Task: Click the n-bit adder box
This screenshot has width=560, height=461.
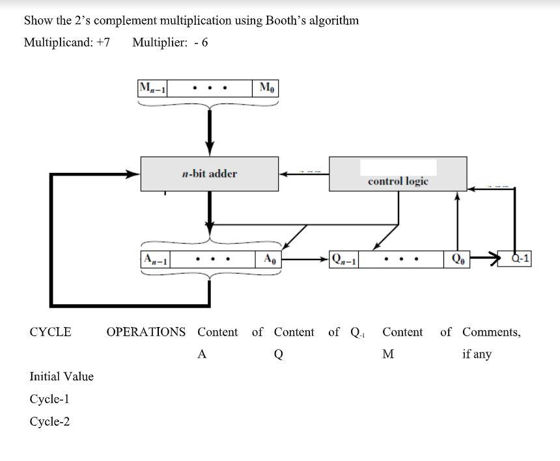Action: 210,174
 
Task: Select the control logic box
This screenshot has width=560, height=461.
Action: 398,174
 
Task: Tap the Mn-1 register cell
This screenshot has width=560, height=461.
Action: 152,88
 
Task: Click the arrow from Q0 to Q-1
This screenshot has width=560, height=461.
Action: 484,259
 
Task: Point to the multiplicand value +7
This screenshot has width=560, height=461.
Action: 102,43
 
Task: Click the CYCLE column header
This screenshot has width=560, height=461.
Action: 50,332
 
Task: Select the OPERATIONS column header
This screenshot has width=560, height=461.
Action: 146,332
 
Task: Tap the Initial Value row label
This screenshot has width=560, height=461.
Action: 61,376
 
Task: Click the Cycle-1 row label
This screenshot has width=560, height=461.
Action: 49,399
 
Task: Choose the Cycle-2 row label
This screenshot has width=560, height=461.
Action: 49,422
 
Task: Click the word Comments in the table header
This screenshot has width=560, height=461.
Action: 492,332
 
